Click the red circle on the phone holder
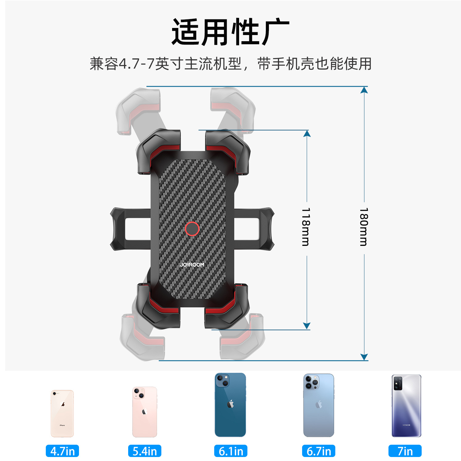pyautogui.click(x=192, y=229)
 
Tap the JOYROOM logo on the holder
pyautogui.click(x=192, y=265)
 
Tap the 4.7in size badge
pyautogui.click(x=62, y=451)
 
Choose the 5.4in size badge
pyautogui.click(x=145, y=451)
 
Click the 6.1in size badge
pyautogui.click(x=231, y=451)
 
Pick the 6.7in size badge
pyautogui.click(x=319, y=451)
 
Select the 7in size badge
pyautogui.click(x=405, y=451)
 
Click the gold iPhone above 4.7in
pyautogui.click(x=62, y=413)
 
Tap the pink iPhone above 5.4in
pyautogui.click(x=145, y=412)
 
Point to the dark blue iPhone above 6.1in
pyautogui.click(x=230, y=405)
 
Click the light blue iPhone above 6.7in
pyautogui.click(x=319, y=405)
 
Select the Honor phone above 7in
pyautogui.click(x=406, y=406)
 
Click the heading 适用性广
pyautogui.click(x=230, y=32)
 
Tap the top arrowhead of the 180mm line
pyautogui.click(x=364, y=90)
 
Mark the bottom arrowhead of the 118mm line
pyautogui.click(x=307, y=326)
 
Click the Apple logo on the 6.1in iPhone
pyautogui.click(x=230, y=404)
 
